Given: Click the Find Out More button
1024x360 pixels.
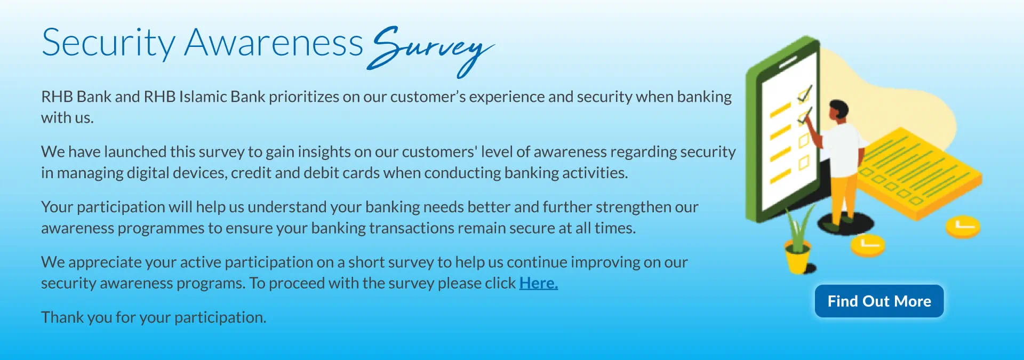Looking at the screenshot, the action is click(879, 301).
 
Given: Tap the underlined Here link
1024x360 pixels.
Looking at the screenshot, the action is click(539, 283).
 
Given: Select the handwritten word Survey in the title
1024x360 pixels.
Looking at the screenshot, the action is click(430, 50).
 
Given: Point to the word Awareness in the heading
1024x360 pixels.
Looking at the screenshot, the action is click(274, 43).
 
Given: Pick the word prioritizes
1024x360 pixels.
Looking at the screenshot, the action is click(304, 97).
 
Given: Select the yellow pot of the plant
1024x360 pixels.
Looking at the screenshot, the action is click(797, 258).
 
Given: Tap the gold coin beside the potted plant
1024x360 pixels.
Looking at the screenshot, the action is click(867, 245).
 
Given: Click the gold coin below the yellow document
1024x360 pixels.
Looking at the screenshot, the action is click(963, 226).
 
